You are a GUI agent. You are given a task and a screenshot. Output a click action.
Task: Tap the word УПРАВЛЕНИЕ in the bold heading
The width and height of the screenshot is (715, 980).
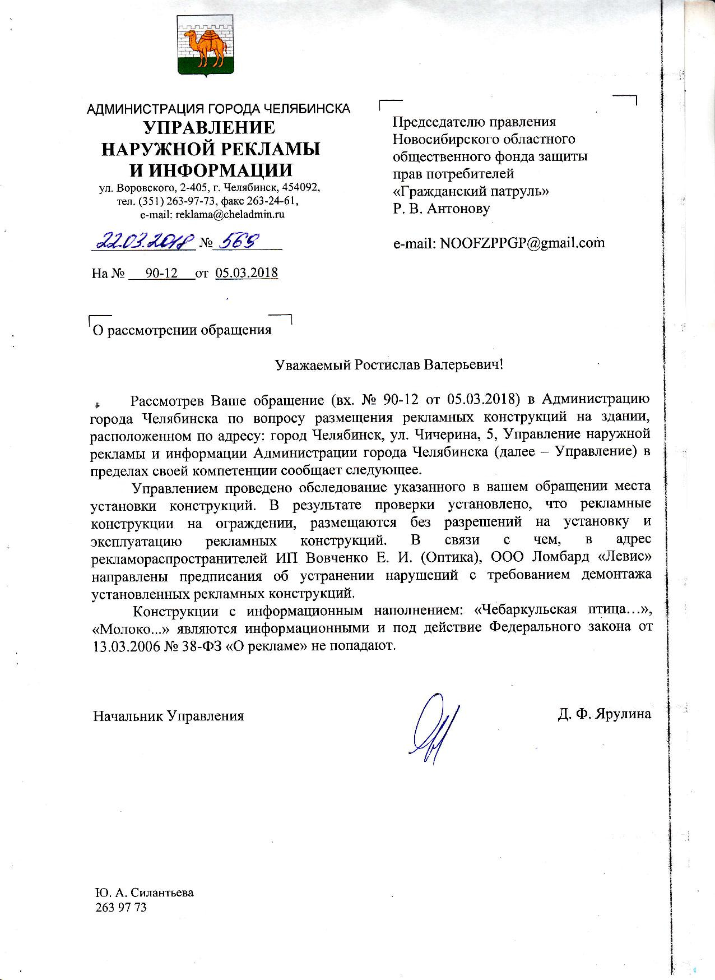(210, 128)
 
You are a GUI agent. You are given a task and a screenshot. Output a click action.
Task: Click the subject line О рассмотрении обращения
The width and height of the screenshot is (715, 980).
(182, 330)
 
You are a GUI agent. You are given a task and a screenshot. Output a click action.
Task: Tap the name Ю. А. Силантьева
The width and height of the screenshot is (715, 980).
(143, 893)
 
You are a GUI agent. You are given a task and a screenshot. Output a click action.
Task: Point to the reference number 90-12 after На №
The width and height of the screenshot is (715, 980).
(161, 273)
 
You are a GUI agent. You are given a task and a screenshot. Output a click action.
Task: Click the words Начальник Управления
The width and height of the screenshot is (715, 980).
(168, 716)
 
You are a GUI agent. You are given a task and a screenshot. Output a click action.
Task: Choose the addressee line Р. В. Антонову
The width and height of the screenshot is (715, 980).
(441, 209)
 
